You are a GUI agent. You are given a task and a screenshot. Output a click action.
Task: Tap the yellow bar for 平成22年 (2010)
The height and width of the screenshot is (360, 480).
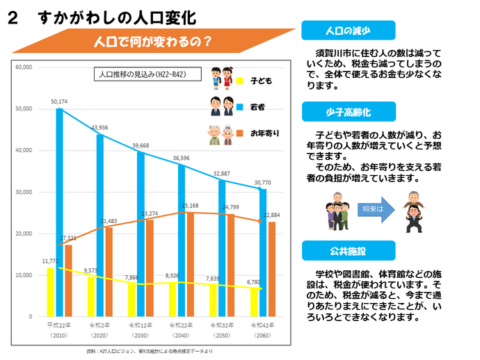click(x=50, y=292)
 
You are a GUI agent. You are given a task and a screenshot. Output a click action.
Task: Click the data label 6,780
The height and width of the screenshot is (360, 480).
click(x=253, y=282)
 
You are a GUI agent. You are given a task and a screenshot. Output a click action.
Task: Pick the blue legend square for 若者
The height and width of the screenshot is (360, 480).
click(x=240, y=107)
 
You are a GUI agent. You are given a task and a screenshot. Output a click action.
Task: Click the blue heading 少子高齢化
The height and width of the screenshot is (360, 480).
click(x=349, y=111)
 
